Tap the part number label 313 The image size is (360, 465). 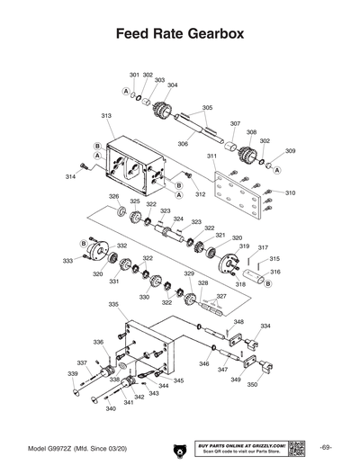click(106, 116)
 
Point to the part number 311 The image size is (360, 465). click(212, 156)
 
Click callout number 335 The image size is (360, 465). click(113, 305)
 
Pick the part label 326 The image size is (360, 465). click(114, 196)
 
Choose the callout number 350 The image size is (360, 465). click(253, 384)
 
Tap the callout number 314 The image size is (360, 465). click(70, 177)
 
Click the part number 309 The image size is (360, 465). click(290, 151)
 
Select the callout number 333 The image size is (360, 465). click(67, 261)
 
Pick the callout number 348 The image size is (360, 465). click(238, 322)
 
